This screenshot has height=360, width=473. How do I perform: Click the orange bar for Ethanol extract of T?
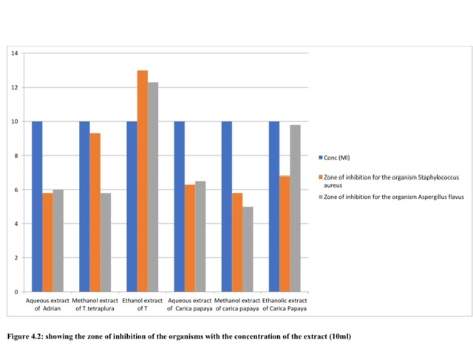pyautogui.click(x=143, y=180)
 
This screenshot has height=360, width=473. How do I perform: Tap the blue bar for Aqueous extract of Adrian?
pyautogui.click(x=37, y=206)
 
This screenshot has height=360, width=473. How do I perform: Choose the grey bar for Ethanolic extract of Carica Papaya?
pyautogui.click(x=295, y=208)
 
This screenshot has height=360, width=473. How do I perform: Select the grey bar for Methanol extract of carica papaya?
pyautogui.click(x=248, y=248)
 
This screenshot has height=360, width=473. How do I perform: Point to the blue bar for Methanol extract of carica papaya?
pyautogui.click(x=227, y=206)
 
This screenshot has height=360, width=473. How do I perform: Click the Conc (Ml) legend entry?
pyautogui.click(x=341, y=157)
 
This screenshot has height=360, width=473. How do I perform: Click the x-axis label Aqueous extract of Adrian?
pyautogui.click(x=47, y=304)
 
